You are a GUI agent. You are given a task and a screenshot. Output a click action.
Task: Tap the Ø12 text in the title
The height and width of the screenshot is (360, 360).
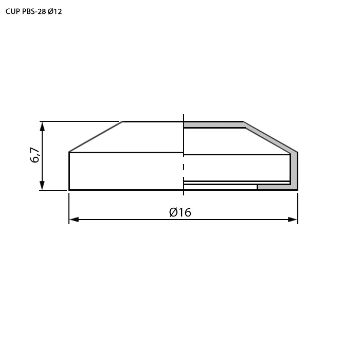(55, 11)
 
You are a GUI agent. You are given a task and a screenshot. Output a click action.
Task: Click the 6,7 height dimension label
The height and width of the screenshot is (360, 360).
(35, 155)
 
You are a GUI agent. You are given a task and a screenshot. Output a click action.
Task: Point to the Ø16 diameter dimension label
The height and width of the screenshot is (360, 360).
(180, 212)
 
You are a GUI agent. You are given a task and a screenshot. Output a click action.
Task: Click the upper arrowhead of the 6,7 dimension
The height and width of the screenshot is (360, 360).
(42, 127)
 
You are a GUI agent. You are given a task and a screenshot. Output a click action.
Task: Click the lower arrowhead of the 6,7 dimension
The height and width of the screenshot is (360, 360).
(42, 185)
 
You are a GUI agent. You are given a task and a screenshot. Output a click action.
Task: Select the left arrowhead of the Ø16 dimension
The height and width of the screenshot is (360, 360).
(74, 220)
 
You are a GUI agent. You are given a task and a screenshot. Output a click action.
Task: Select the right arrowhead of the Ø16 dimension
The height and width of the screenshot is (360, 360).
(293, 220)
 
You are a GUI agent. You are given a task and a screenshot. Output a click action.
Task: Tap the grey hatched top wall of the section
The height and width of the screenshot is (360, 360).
(214, 125)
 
